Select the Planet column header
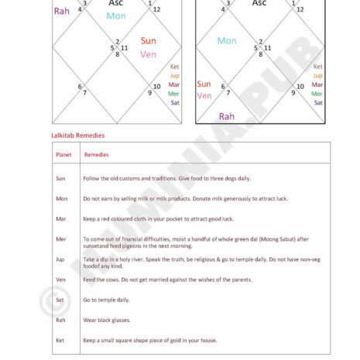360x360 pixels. point(63,154)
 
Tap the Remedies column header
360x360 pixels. point(96,154)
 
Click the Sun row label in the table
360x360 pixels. point(60,178)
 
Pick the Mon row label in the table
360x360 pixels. point(61,198)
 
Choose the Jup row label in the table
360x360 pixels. point(60,259)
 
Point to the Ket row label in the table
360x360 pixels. point(60,340)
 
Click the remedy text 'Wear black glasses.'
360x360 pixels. point(107,320)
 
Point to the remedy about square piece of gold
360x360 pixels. point(149,340)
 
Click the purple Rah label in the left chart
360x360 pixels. point(61,11)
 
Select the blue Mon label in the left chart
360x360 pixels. point(116,15)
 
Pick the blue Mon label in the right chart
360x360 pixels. point(227,41)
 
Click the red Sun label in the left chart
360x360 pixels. point(149,40)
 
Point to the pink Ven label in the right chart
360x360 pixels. point(204,96)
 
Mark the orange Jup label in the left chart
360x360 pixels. point(174,76)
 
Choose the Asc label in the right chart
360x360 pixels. point(259,3)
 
